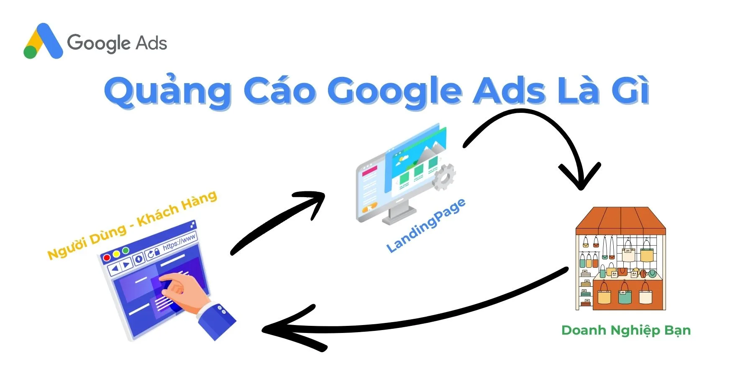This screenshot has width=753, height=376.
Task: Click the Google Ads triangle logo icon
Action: point(43,41)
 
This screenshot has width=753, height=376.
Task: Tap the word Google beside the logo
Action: point(99,43)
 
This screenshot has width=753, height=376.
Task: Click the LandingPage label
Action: point(425,226)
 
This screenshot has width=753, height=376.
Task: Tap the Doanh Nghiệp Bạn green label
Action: point(626,330)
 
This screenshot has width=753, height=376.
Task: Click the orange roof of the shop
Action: point(620,220)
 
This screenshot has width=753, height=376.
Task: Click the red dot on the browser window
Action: point(107,258)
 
